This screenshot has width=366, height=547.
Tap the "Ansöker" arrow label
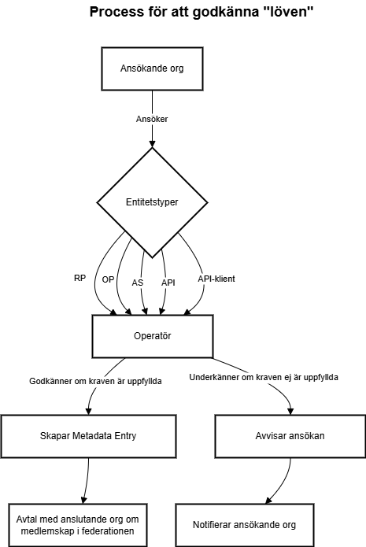click(152, 119)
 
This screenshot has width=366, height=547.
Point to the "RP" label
click(80, 278)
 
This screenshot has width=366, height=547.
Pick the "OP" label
click(108, 279)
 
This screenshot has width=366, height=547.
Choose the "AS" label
click(138, 283)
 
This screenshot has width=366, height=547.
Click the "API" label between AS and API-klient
click(168, 283)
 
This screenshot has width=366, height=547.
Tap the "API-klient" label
click(216, 279)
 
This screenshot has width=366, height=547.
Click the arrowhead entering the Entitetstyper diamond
click(152, 144)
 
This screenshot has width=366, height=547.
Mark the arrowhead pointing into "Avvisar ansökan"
click(290, 411)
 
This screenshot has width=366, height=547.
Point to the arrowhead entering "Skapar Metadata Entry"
click(89, 411)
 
